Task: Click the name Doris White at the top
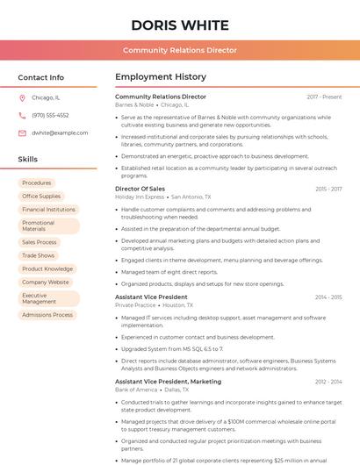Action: click(180, 25)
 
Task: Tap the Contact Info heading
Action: click(41, 77)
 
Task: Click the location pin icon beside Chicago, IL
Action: click(22, 97)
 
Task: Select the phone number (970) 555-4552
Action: click(50, 115)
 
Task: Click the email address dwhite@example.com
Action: click(60, 132)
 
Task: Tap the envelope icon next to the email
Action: click(22, 132)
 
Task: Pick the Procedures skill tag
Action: click(37, 182)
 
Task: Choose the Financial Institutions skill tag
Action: click(48, 210)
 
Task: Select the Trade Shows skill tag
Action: click(39, 255)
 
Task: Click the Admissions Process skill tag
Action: click(47, 315)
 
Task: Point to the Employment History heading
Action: click(161, 77)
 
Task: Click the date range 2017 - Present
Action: click(324, 97)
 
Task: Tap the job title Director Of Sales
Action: click(140, 189)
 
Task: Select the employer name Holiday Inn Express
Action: click(140, 197)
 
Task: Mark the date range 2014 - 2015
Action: click(328, 297)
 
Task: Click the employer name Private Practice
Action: click(134, 305)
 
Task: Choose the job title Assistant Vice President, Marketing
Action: click(168, 382)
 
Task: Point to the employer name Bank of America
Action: click(136, 390)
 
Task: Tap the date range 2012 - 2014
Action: click(328, 382)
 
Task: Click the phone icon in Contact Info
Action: click(22, 115)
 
